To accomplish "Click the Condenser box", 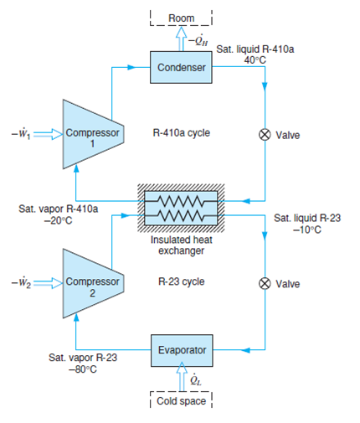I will point(179,66).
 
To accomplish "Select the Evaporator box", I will point(179,347).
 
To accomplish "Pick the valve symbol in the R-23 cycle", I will point(265,283).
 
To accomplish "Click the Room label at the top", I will point(181,18).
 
